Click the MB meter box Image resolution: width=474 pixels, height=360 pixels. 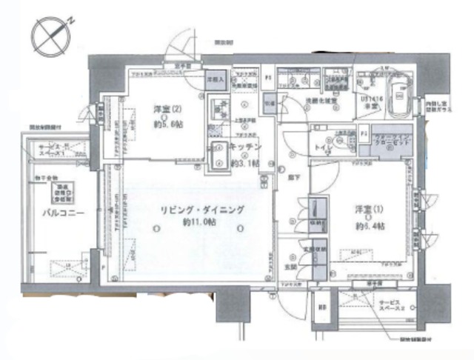coord(321,307)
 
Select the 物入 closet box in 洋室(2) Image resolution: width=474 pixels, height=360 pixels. coord(214,78)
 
